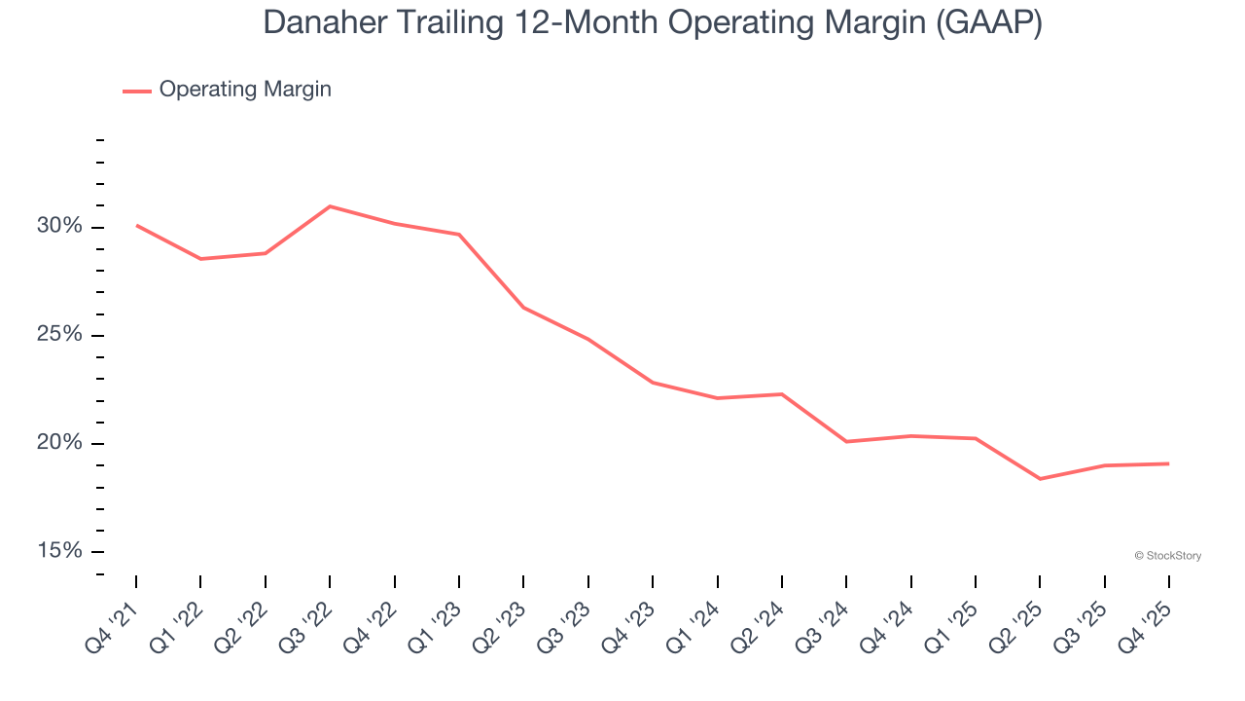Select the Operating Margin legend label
click(245, 90)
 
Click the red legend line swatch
click(136, 91)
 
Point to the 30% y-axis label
click(59, 226)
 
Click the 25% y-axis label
click(59, 335)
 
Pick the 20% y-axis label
click(59, 443)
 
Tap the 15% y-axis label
click(59, 551)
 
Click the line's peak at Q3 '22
click(330, 206)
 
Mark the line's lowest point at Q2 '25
click(1040, 479)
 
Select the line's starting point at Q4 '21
click(136, 225)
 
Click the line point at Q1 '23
click(459, 235)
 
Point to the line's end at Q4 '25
click(1168, 463)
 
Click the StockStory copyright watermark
click(1168, 556)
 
